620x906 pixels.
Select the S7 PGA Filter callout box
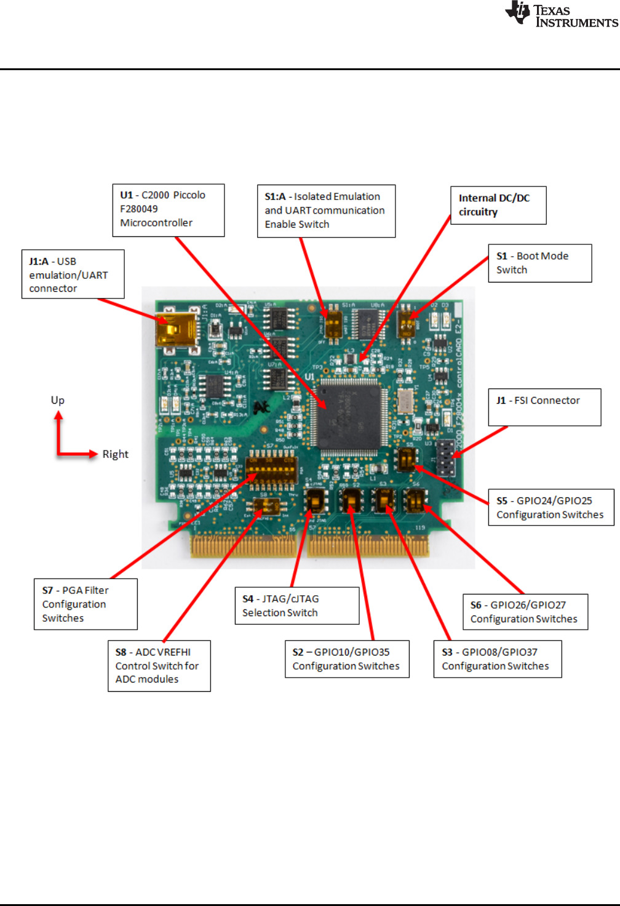click(x=85, y=604)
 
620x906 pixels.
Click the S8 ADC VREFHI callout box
click(x=159, y=665)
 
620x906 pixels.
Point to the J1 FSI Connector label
click(x=544, y=407)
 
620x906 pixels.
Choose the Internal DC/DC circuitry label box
click(x=498, y=205)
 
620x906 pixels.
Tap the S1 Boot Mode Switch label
click(x=539, y=263)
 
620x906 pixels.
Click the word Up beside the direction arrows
click(x=58, y=400)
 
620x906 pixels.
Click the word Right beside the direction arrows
click(x=115, y=454)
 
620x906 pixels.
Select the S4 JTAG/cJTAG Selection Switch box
click(x=296, y=606)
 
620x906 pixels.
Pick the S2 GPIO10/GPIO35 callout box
click(x=347, y=659)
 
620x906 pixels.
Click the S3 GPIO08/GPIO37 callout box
click(x=497, y=659)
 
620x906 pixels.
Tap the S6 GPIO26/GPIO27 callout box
click(x=525, y=612)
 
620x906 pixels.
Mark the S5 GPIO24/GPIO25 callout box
click(x=550, y=507)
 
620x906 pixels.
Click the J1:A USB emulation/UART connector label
click(x=73, y=275)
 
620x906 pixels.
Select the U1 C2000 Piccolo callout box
click(x=168, y=209)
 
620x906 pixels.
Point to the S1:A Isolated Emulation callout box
click(x=326, y=210)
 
